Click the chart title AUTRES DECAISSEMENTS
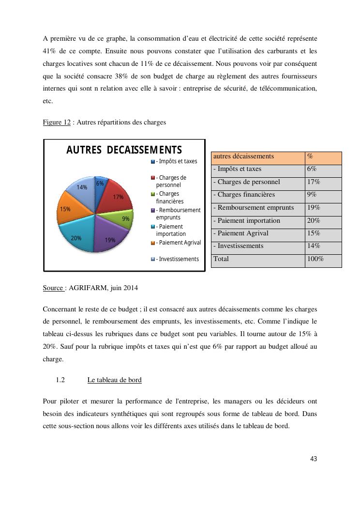click(x=124, y=150)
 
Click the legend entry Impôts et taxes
click(x=176, y=161)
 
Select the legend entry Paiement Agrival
click(x=178, y=243)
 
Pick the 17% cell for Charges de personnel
click(x=323, y=182)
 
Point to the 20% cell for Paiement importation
click(x=323, y=220)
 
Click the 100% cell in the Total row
click(x=323, y=259)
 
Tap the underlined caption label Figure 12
click(x=57, y=123)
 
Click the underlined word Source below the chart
click(x=53, y=288)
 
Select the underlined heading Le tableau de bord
click(x=114, y=380)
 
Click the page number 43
click(x=314, y=459)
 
